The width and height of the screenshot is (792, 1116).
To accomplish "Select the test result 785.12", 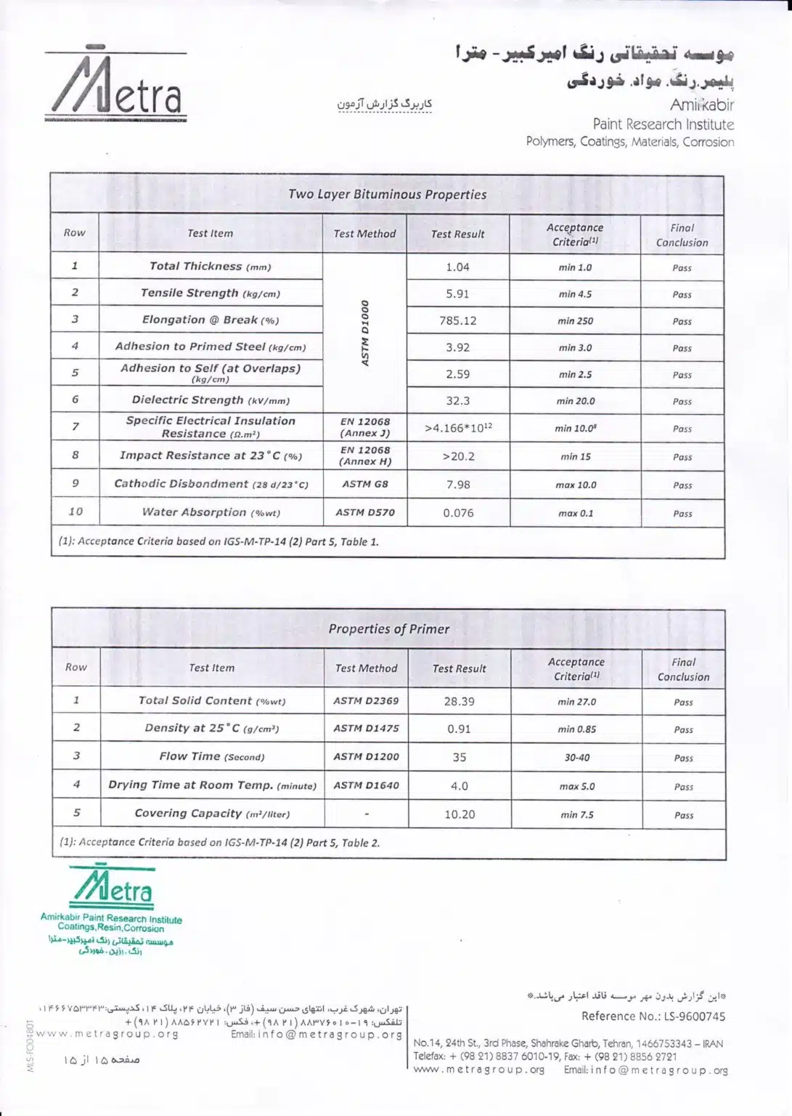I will pyautogui.click(x=457, y=320).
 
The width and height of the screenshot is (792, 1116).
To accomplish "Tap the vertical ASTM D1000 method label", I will pyautogui.click(x=365, y=333).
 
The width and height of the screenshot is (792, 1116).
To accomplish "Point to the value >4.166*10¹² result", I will pyautogui.click(x=458, y=428).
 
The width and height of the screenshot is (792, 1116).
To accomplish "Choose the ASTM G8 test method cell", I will pyautogui.click(x=365, y=484).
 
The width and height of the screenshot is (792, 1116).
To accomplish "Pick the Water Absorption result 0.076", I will pyautogui.click(x=458, y=513).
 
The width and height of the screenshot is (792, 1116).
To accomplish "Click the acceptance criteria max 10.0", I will pyautogui.click(x=576, y=485).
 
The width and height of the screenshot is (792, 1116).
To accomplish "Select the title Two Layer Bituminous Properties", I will pyautogui.click(x=387, y=194).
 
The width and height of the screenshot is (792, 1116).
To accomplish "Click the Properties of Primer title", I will pyautogui.click(x=388, y=628).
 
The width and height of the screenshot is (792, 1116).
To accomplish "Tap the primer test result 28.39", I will pyautogui.click(x=459, y=701).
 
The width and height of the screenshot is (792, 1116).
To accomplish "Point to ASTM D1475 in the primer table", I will pyautogui.click(x=366, y=728).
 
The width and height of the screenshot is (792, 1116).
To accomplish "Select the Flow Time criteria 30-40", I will pyautogui.click(x=577, y=757).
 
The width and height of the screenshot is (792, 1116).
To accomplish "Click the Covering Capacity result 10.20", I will pyautogui.click(x=460, y=814).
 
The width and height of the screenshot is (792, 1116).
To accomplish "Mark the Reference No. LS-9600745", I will pyautogui.click(x=653, y=1016).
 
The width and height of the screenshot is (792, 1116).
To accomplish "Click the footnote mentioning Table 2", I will pyautogui.click(x=220, y=843).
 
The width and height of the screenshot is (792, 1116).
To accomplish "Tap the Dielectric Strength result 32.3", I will pyautogui.click(x=457, y=400).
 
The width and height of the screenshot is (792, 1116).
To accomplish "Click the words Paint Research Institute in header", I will pyautogui.click(x=663, y=124).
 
